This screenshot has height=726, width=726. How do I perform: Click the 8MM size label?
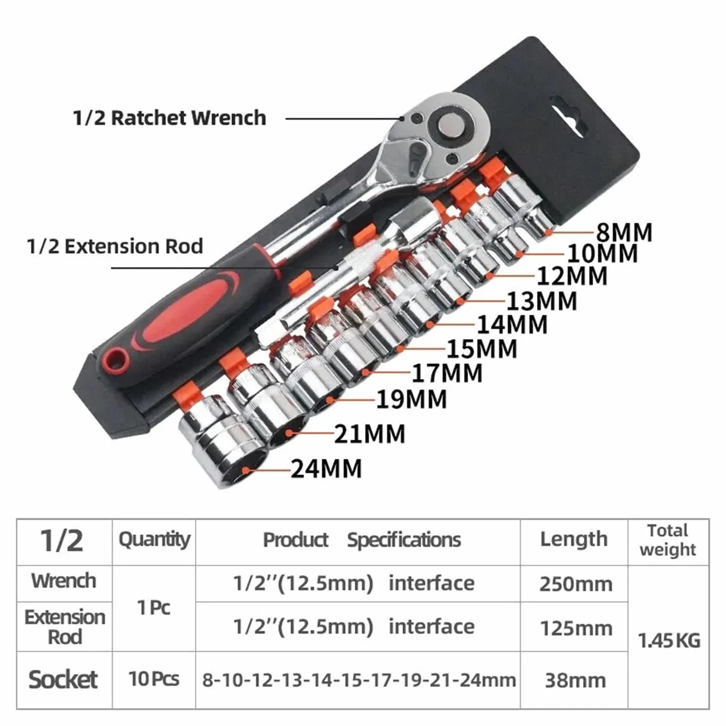(x=624, y=232)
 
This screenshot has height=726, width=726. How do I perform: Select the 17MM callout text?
(x=447, y=373)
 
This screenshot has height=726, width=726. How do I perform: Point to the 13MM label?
(x=542, y=301)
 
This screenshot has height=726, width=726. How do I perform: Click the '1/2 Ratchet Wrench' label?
(x=169, y=118)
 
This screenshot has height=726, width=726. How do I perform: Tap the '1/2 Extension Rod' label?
(x=115, y=246)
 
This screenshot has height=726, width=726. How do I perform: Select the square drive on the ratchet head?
(x=451, y=126)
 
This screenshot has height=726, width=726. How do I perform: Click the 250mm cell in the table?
(x=576, y=584)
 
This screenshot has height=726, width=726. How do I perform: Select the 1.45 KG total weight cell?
(x=669, y=641)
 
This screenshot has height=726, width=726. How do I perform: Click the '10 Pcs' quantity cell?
(x=154, y=679)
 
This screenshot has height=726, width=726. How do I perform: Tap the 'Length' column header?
(x=574, y=539)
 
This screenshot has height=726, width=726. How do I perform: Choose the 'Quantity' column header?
(x=154, y=539)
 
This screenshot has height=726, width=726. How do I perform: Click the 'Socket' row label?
(x=63, y=680)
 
